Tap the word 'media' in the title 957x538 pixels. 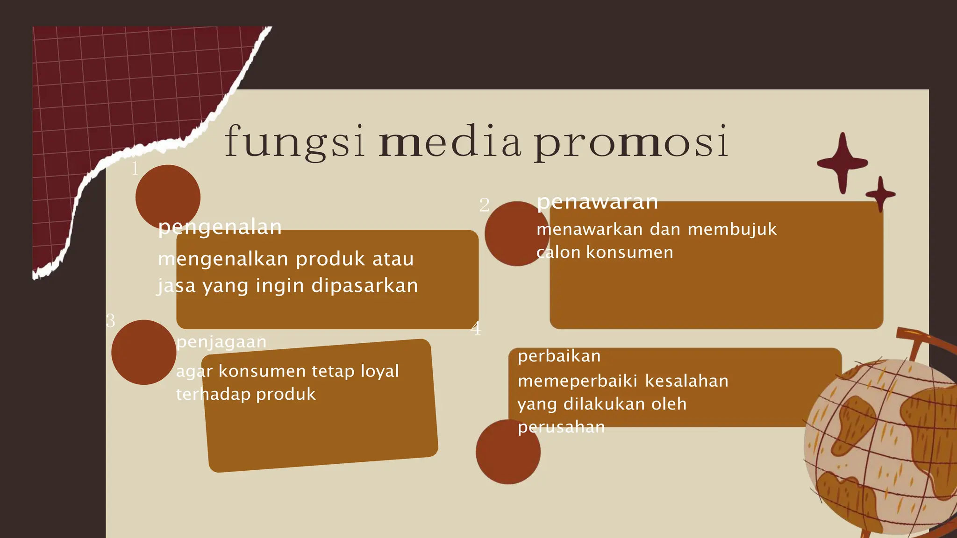[x=450, y=141]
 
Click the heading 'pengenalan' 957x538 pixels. [x=220, y=227]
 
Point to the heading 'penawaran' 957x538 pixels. [x=597, y=202]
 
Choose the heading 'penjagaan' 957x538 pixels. [x=221, y=342]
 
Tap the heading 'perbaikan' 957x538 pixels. [x=559, y=356]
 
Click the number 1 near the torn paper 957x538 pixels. [x=135, y=169]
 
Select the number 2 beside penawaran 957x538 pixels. [x=484, y=205]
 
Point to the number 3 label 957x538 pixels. [x=110, y=320]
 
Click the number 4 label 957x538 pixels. [x=476, y=328]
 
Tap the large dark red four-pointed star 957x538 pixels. [x=842, y=163]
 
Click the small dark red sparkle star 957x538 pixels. [x=880, y=194]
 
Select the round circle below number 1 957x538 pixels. [x=168, y=197]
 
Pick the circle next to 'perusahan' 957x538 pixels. [x=508, y=452]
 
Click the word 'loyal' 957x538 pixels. [x=380, y=371]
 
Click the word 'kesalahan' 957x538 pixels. [x=686, y=381]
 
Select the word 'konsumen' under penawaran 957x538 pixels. [x=629, y=253]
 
